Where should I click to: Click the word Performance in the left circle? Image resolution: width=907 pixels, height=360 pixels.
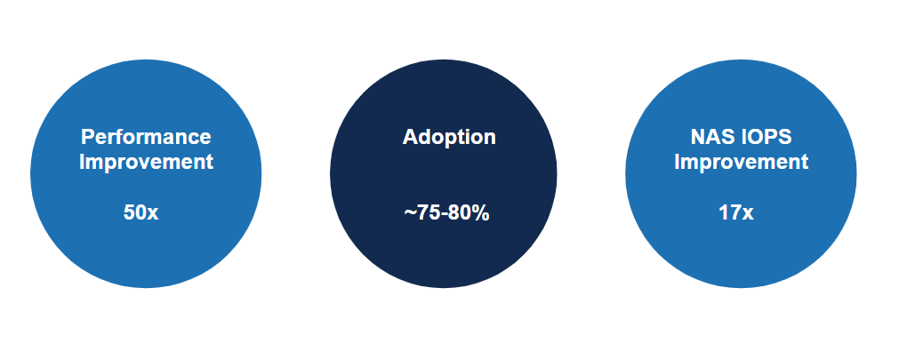pyautogui.click(x=146, y=138)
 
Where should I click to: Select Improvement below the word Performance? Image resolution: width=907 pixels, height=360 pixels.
pyautogui.click(x=146, y=162)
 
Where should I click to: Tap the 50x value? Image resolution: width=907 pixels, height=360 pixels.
pyautogui.click(x=140, y=213)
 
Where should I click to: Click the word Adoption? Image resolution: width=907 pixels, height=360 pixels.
pyautogui.click(x=449, y=138)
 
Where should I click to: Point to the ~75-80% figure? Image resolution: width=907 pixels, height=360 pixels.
pyautogui.click(x=446, y=214)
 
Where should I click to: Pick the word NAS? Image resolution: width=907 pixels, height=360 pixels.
pyautogui.click(x=710, y=138)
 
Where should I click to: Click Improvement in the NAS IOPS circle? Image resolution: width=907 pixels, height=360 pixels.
pyautogui.click(x=741, y=162)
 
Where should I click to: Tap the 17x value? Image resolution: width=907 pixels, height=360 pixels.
pyautogui.click(x=735, y=213)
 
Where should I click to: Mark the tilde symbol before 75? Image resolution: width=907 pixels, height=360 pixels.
pyautogui.click(x=409, y=214)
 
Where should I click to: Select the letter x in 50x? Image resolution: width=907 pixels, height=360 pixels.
pyautogui.click(x=153, y=214)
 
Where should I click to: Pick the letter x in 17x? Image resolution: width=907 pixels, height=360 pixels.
pyautogui.click(x=748, y=214)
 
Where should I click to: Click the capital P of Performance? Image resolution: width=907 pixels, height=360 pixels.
pyautogui.click(x=87, y=138)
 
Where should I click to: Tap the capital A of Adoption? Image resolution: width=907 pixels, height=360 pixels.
pyautogui.click(x=410, y=138)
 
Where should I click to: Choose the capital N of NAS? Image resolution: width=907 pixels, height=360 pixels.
pyautogui.click(x=697, y=138)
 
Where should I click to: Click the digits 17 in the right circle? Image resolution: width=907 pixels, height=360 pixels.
pyautogui.click(x=729, y=213)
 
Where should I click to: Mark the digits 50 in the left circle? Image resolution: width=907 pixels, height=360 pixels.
pyautogui.click(x=134, y=213)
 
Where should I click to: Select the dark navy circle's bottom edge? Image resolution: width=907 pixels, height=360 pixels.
pyautogui.click(x=444, y=287)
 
